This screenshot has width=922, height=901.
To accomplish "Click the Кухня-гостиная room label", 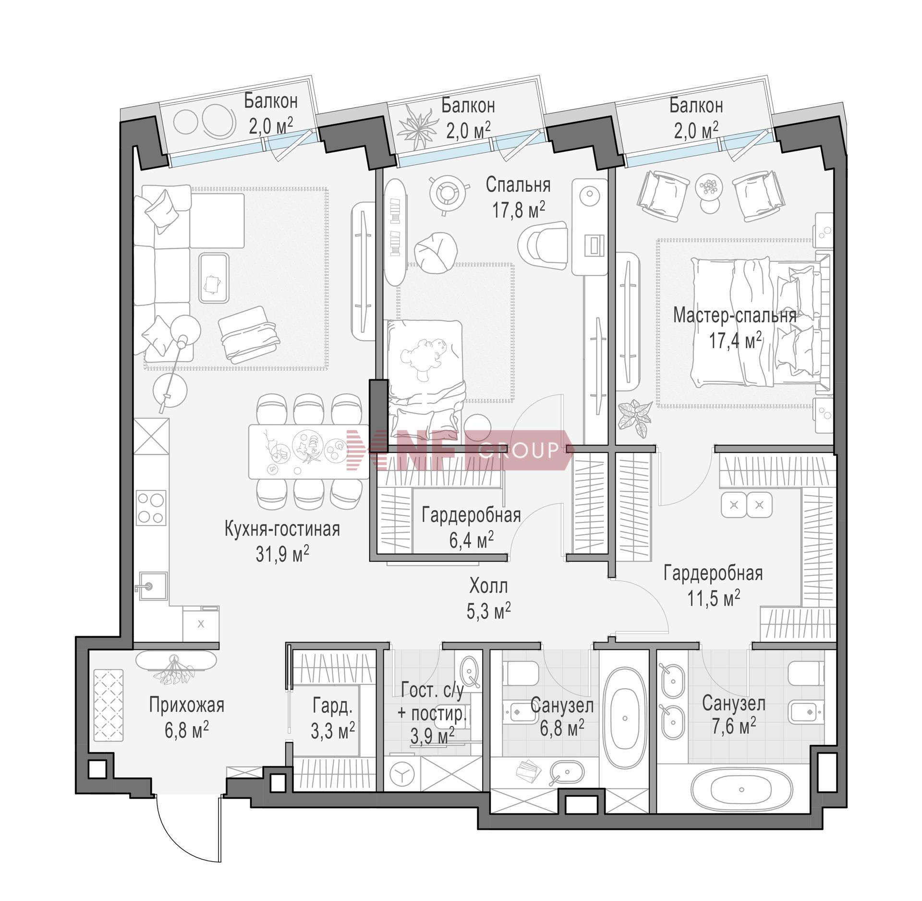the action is [x=282, y=529].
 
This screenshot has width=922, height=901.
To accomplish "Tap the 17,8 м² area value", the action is [x=518, y=209].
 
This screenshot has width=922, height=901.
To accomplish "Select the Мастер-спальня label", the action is [x=735, y=316].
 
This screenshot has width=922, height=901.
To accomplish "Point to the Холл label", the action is [x=488, y=586].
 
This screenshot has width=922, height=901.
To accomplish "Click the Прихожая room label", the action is [x=186, y=705].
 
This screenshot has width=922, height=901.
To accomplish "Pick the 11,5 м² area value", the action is [x=713, y=598].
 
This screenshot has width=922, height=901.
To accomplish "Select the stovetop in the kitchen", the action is [x=151, y=508].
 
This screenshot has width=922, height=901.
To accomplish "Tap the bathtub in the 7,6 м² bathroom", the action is [x=741, y=789].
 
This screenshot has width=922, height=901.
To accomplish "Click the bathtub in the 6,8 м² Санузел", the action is [x=624, y=718].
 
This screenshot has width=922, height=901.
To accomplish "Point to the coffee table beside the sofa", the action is [x=214, y=278].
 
